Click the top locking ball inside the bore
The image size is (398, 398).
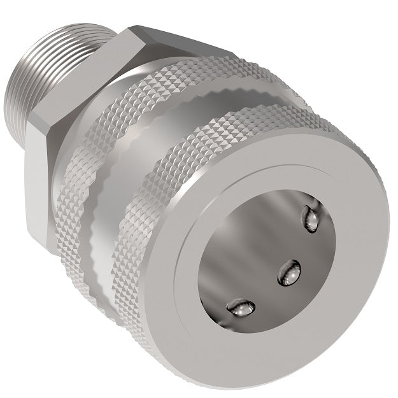tap(311, 218)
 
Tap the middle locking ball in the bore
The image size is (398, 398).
tap(288, 273)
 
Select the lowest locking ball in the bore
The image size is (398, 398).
tap(241, 309)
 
